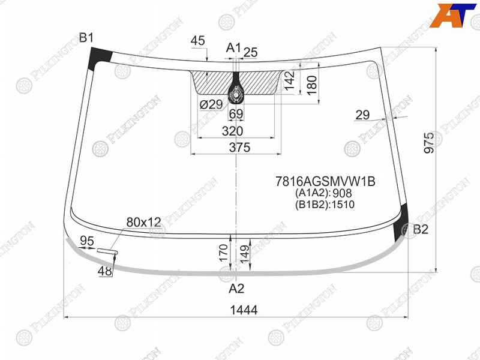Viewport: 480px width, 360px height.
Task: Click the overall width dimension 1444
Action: (x=244, y=310)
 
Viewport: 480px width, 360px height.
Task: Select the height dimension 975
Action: (x=429, y=142)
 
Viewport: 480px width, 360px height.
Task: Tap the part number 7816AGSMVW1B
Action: (x=325, y=182)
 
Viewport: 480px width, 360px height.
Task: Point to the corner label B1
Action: (x=86, y=38)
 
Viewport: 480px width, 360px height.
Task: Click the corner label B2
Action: (x=421, y=229)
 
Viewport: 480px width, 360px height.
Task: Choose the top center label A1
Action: (x=233, y=48)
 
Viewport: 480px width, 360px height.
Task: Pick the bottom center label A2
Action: (x=236, y=289)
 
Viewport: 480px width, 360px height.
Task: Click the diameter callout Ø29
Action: (x=211, y=104)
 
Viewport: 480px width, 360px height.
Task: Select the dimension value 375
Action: (x=239, y=148)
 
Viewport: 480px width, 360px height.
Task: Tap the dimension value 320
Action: (x=232, y=131)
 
